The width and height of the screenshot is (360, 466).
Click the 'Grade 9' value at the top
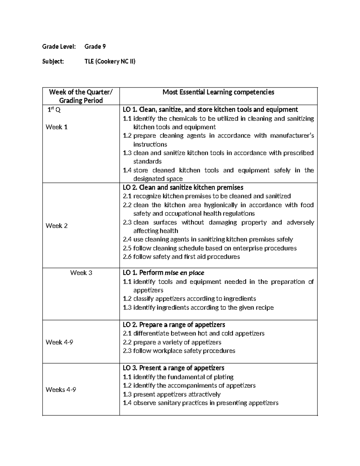tap(95, 47)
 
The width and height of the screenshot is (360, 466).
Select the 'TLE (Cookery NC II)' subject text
tap(110, 62)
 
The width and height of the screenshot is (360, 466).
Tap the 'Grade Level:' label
tap(59, 47)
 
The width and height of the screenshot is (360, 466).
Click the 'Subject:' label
tap(53, 62)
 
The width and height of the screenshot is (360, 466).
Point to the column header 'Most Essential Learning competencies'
tap(218, 92)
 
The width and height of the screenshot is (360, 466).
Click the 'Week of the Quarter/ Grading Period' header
tap(81, 96)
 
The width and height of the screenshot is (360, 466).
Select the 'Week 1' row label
tap(56, 127)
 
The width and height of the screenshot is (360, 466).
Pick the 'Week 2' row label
tap(56, 226)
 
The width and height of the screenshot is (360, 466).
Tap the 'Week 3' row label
tap(81, 273)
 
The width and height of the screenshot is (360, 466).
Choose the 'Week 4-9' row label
tap(59, 342)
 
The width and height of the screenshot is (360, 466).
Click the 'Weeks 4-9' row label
tap(61, 389)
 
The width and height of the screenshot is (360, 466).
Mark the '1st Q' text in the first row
tap(54, 110)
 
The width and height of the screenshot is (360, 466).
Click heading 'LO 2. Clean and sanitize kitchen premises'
tap(183, 188)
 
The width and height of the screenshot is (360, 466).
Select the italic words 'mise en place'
tap(184, 273)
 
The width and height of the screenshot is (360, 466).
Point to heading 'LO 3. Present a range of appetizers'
tap(173, 368)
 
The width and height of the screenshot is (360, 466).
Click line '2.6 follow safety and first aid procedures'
tap(181, 257)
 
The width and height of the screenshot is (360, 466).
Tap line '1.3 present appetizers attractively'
tap(172, 394)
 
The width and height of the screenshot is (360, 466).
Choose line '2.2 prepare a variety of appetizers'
tap(172, 342)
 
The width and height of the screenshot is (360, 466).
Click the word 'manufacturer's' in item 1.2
tap(292, 136)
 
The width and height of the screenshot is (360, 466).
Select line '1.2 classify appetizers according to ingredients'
tap(189, 299)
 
